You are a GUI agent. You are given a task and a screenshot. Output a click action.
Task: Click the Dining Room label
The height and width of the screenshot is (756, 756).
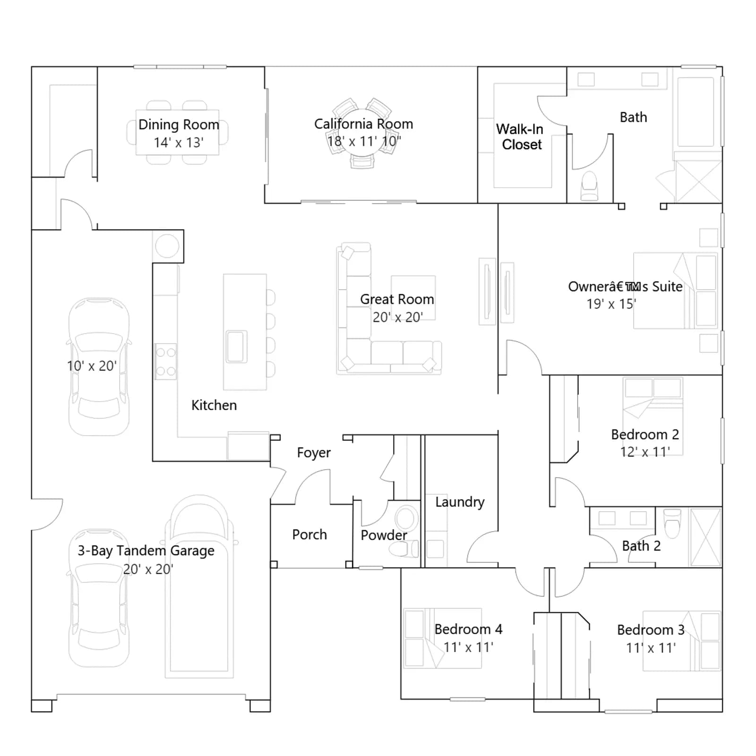click(x=179, y=125)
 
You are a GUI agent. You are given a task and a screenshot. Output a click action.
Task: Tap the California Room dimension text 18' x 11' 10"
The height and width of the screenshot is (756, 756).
click(x=364, y=141)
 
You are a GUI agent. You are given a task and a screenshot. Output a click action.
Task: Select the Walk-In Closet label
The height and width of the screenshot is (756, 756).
click(x=520, y=137)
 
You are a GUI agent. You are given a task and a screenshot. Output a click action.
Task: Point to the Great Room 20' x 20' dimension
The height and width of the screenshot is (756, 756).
click(x=398, y=317)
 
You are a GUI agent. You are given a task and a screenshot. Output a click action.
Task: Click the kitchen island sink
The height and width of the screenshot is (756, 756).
click(x=236, y=346)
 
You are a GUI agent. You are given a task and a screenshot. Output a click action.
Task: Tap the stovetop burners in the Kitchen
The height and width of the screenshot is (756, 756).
click(x=166, y=361)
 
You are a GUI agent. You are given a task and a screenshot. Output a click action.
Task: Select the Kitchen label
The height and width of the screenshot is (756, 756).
click(x=214, y=405)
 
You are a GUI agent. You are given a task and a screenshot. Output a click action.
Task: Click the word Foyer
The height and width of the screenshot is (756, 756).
click(x=314, y=453)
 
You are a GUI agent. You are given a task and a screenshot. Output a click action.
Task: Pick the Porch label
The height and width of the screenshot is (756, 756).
click(x=309, y=534)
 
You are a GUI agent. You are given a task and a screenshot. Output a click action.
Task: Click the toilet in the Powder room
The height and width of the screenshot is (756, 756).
click(x=403, y=549)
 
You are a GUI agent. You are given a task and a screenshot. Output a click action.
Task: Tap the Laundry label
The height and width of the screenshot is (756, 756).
click(x=460, y=502)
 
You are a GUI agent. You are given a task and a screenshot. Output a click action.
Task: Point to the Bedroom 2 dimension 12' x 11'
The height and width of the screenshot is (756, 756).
click(x=645, y=452)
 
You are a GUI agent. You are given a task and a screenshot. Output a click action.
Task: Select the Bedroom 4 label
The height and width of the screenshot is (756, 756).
click(x=468, y=629)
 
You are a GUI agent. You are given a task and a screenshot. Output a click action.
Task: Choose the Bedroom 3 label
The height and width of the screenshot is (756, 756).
click(x=651, y=630)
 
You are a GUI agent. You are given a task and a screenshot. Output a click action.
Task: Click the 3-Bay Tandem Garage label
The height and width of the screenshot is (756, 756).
click(x=146, y=551)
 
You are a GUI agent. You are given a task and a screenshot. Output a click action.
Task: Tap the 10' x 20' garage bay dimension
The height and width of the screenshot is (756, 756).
click(x=92, y=366)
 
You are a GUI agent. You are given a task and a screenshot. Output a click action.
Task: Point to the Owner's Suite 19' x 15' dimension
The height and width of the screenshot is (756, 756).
click(x=611, y=304)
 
